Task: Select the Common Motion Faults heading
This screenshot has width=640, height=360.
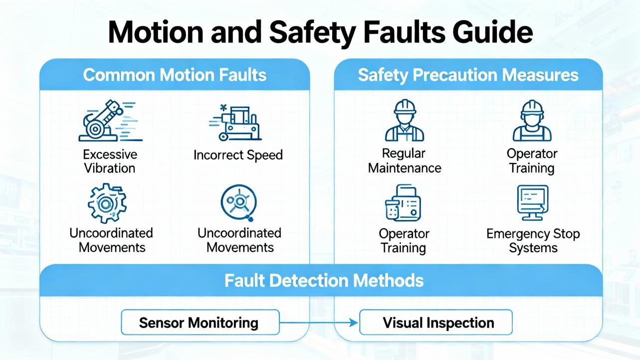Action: [x=175, y=75]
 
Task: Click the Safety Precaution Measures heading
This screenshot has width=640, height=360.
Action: [x=468, y=75]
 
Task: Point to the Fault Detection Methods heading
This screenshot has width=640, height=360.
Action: [x=324, y=280]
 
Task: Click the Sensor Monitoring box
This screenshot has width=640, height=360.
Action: [x=199, y=322]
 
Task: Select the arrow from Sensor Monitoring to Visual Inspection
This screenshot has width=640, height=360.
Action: [x=319, y=323]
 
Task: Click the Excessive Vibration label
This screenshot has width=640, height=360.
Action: [x=110, y=161]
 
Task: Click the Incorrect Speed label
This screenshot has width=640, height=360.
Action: [x=238, y=155]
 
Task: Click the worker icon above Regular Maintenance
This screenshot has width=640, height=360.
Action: [x=405, y=121]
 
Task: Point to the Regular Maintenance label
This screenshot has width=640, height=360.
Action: [x=405, y=161]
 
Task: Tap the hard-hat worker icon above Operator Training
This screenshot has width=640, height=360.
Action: [x=532, y=121]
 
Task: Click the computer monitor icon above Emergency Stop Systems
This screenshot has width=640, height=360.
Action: [x=532, y=202]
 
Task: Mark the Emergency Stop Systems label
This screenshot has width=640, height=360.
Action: [x=533, y=240]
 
